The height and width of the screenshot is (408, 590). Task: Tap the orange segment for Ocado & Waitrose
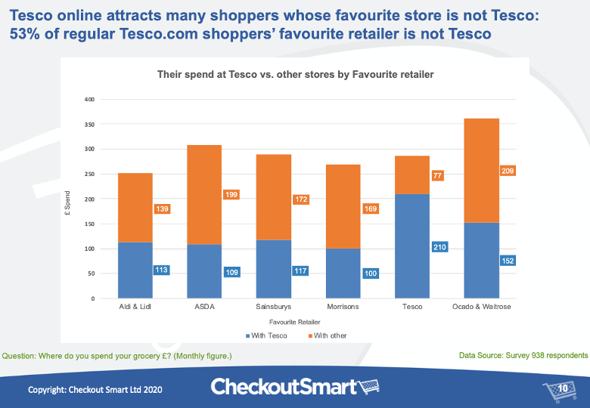pyautogui.click(x=482, y=171)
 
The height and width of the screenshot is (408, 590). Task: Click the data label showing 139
pyautogui.click(x=161, y=208)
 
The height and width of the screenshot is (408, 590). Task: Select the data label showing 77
pyautogui.click(x=438, y=175)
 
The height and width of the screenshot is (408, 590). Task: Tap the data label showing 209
pyautogui.click(x=508, y=171)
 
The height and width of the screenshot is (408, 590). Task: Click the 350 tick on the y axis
pyautogui.click(x=88, y=124)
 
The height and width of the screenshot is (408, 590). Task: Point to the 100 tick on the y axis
pyautogui.click(x=88, y=249)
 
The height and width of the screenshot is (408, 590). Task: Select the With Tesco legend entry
pyautogui.click(x=265, y=335)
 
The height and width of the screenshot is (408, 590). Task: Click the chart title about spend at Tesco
pyautogui.click(x=295, y=75)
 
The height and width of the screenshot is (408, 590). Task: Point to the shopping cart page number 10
pyautogui.click(x=560, y=389)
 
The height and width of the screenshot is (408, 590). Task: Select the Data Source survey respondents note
pyautogui.click(x=523, y=354)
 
